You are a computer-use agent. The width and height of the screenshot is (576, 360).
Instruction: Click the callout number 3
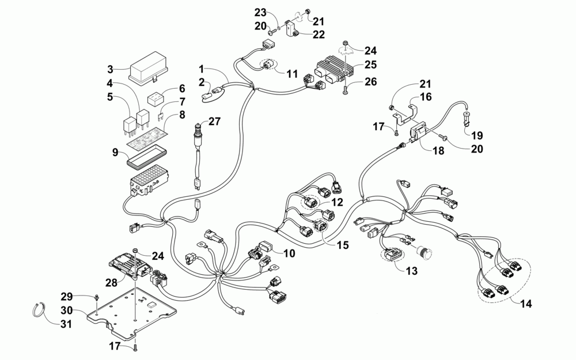coord(111,69)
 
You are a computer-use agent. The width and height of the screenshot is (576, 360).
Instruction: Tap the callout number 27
coord(214,121)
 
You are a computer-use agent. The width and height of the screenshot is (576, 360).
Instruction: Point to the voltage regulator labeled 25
coord(332,70)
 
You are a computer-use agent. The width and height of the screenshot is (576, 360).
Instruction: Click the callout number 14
coord(526,304)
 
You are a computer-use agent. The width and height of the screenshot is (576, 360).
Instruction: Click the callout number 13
coord(412,271)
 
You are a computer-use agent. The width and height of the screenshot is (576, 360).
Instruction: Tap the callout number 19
coord(477,135)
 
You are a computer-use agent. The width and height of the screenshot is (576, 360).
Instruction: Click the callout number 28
coord(111,282)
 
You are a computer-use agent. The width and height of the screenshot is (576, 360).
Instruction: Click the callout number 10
coord(289,253)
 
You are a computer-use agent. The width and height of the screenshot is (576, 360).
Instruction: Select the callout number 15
coord(342,245)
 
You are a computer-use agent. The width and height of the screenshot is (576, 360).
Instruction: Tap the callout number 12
coord(337,202)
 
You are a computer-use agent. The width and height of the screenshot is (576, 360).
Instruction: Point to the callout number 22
coord(319,34)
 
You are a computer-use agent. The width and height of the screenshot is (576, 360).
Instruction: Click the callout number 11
coord(292,74)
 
